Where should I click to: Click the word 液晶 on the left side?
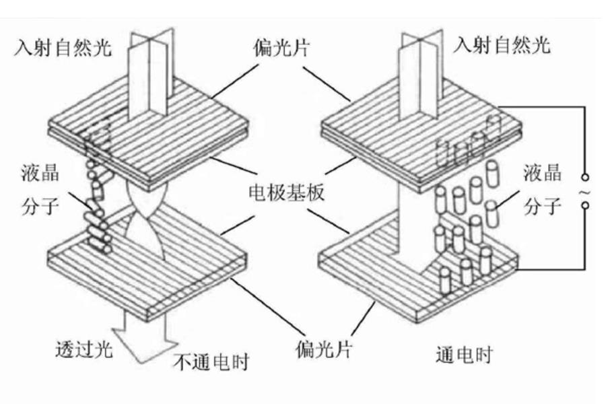tap(40, 173)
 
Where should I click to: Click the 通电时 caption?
tap(463, 355)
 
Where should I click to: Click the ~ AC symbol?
tap(588, 193)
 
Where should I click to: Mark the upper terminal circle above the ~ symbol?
tap(588, 178)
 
